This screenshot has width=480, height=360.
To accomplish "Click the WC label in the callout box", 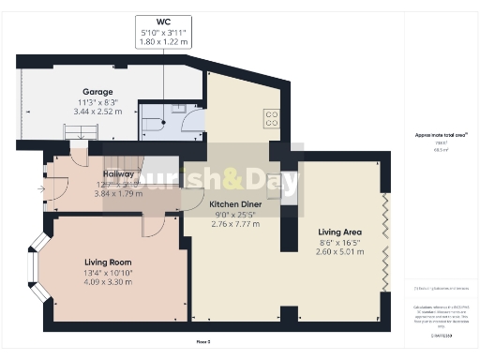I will pos(162,20).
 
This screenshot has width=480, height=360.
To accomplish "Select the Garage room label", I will pos(97,66).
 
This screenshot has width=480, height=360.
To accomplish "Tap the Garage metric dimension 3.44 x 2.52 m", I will pos(97,85).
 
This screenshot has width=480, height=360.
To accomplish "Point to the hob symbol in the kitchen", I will pos(273,117).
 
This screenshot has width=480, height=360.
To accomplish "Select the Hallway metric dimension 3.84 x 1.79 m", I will pos(118,192).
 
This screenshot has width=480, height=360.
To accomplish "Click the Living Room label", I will pos(108,262).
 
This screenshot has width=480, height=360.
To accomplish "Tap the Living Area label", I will pos(339,232).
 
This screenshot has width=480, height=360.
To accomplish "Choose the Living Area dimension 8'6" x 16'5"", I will pos(339,242).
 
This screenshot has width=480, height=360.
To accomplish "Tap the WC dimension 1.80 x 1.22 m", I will pos(162,42).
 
